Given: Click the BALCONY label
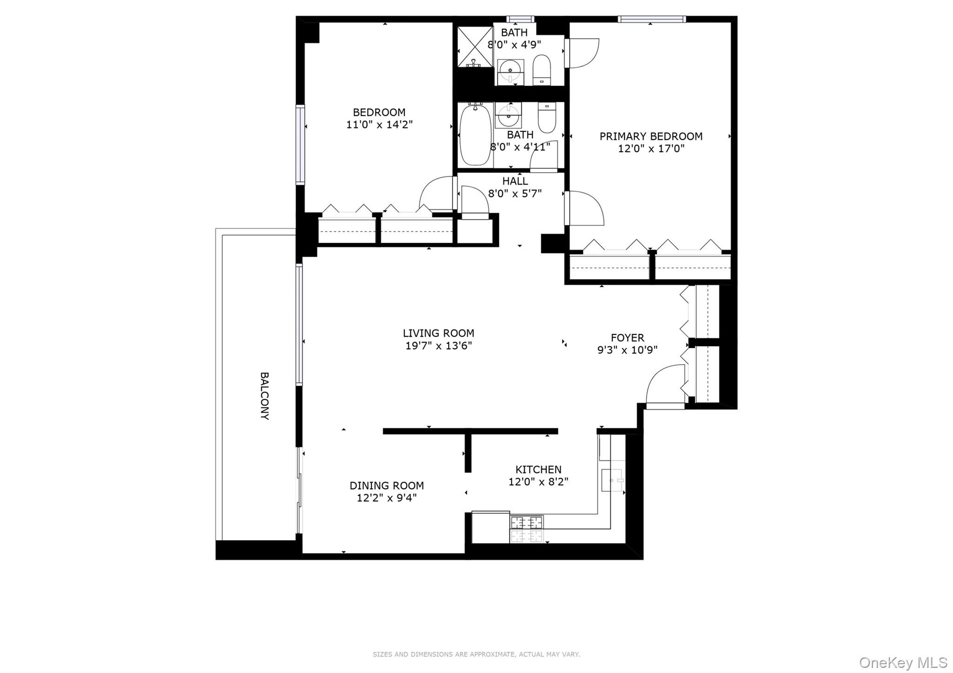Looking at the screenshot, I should [x=264, y=396].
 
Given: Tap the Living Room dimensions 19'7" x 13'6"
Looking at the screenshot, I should [x=438, y=346].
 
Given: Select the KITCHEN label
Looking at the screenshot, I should [x=538, y=469].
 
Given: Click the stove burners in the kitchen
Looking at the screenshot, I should [x=527, y=529].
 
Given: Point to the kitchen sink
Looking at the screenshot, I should [x=613, y=480].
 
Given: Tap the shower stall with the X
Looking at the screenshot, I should [x=475, y=47].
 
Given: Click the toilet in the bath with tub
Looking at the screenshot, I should [x=547, y=117].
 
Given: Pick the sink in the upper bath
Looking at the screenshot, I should [x=510, y=71].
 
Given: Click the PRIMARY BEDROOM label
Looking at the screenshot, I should [x=651, y=136].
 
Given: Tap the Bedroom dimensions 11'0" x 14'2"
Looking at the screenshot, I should [x=379, y=125].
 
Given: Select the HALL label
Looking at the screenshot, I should [x=515, y=181].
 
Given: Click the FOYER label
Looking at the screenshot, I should [x=627, y=338].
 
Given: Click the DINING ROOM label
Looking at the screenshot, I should [x=386, y=486].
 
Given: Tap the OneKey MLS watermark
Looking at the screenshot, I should [x=903, y=662].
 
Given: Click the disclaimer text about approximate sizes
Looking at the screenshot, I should [x=476, y=654].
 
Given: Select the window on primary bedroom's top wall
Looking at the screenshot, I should [x=651, y=19].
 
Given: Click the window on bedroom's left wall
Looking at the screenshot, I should [x=300, y=145].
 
